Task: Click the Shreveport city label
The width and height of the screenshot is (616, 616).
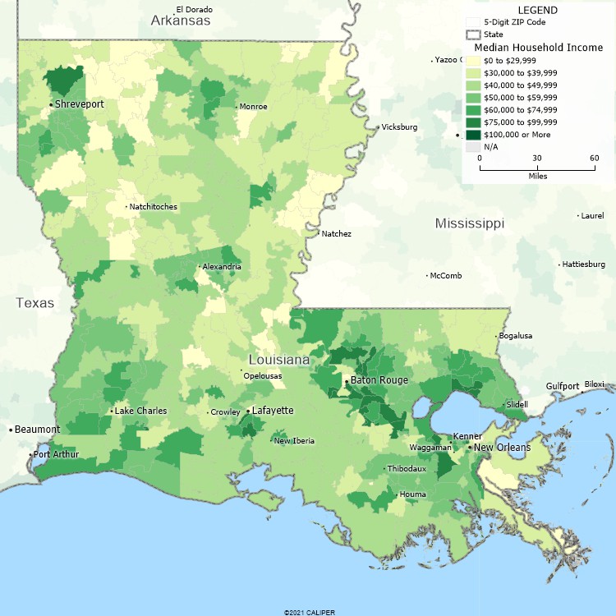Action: [80, 104]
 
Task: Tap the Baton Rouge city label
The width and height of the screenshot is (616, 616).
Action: [379, 380]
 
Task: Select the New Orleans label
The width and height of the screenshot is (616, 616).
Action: [503, 448]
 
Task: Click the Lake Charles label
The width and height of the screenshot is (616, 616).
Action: [140, 411]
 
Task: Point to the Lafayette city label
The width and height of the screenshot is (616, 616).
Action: [273, 411]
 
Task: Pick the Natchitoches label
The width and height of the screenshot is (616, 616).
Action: [154, 207]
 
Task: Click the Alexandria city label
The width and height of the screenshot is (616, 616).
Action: [222, 267]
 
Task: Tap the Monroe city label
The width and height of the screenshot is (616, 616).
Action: [253, 107]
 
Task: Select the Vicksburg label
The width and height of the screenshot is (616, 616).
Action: [398, 127]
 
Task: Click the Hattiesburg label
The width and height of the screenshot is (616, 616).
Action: [583, 264]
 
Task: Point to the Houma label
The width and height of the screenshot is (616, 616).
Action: [412, 494]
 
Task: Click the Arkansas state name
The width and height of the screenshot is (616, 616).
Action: [181, 20]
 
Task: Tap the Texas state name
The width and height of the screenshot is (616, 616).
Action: [34, 303]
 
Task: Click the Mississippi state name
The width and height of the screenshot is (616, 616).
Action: [470, 223]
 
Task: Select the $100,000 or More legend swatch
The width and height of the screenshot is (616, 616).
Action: [472, 134]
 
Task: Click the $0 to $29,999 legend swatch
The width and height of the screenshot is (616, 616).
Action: [472, 60]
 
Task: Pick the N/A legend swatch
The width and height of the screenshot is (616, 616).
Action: [472, 146]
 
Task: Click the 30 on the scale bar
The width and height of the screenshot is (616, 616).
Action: [537, 158]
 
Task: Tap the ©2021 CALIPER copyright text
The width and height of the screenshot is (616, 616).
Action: [309, 612]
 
